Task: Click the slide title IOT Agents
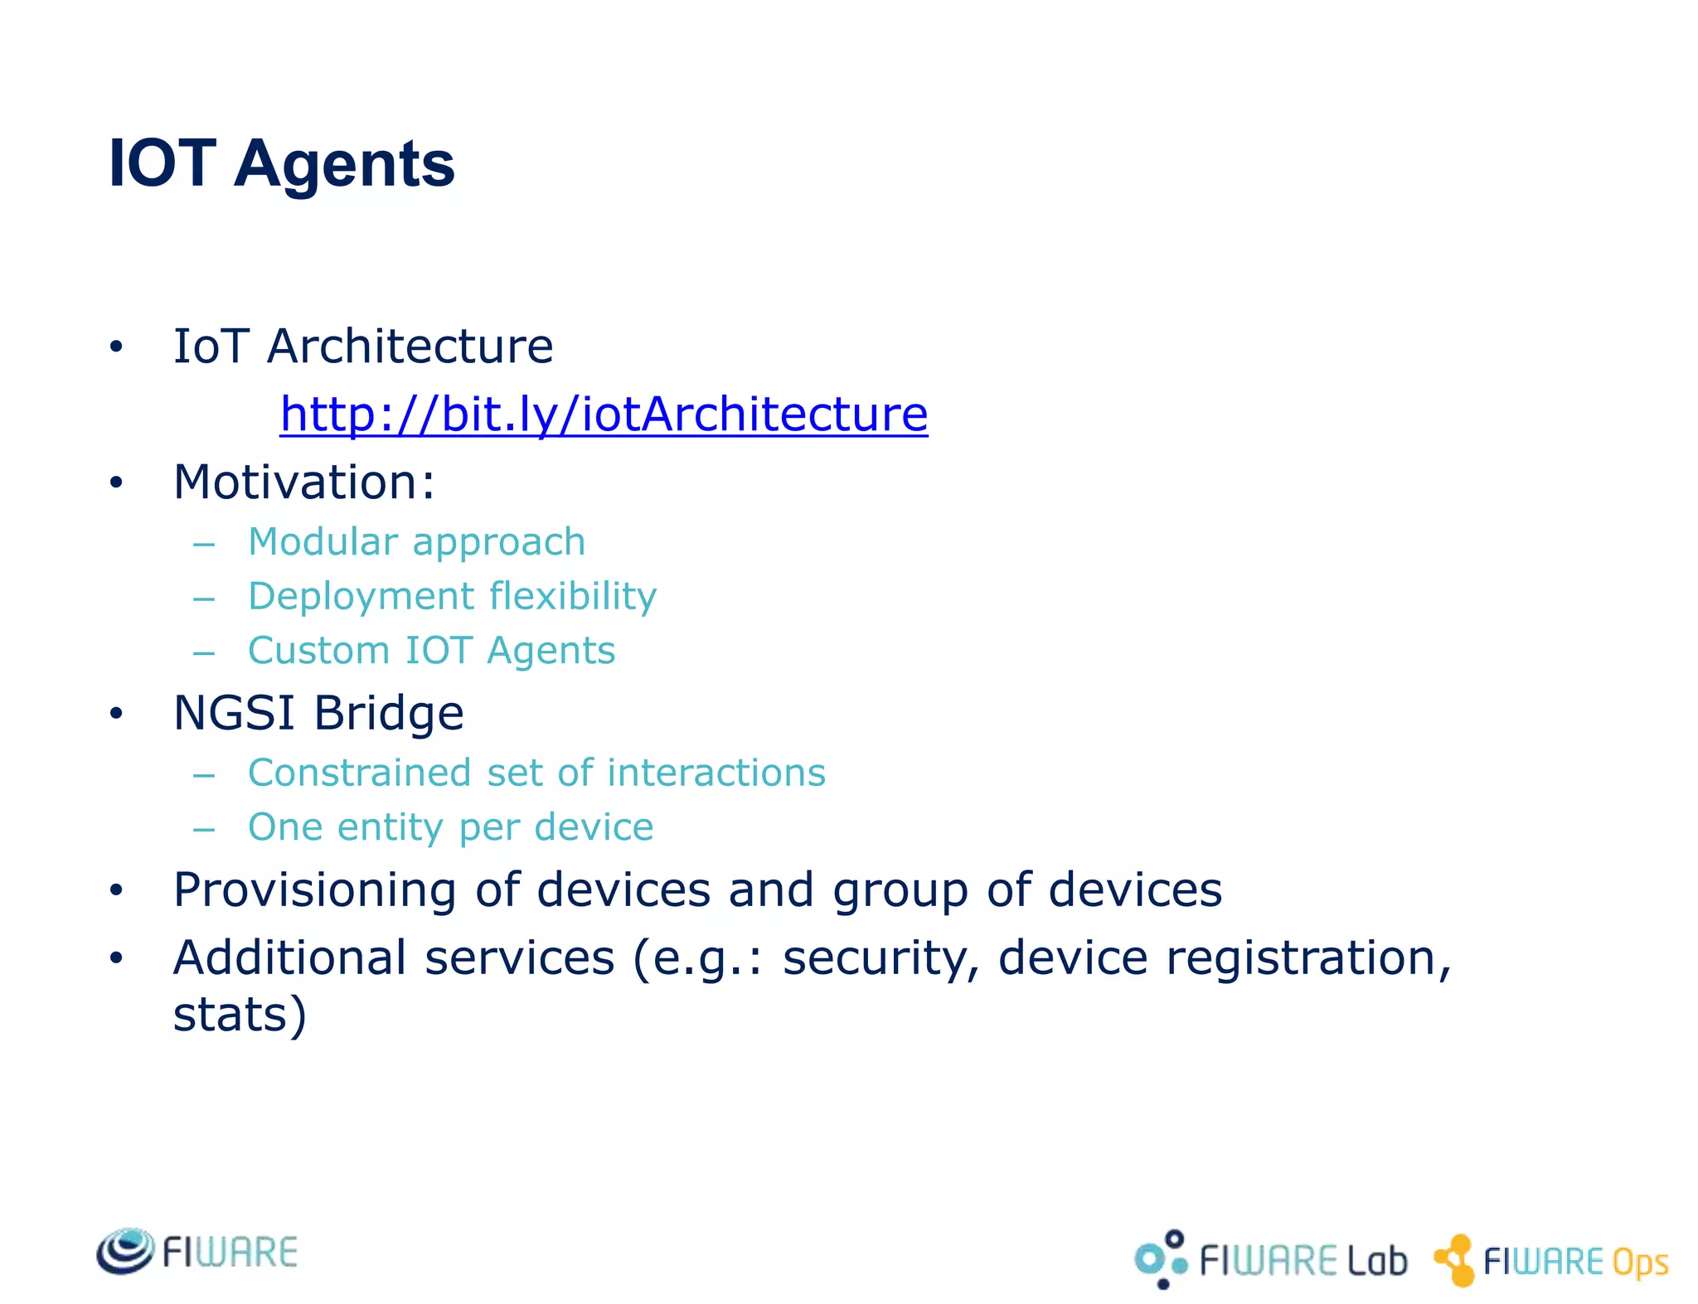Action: [x=281, y=163]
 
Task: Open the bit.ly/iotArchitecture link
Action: [x=604, y=414]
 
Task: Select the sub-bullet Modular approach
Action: [x=416, y=542]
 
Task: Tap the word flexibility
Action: [x=573, y=596]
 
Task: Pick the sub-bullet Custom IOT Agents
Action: [x=431, y=651]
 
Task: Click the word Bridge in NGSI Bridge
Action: [x=389, y=713]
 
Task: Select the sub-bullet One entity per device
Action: [x=450, y=827]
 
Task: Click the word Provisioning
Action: [x=314, y=890]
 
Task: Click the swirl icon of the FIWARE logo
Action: [x=125, y=1250]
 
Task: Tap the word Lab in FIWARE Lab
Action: [x=1377, y=1261]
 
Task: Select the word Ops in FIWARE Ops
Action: [x=1640, y=1263]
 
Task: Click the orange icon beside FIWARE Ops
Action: [x=1455, y=1260]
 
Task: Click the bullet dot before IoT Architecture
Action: [x=116, y=347]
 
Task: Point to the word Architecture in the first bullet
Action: [x=410, y=346]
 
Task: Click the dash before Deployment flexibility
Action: [x=204, y=599]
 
